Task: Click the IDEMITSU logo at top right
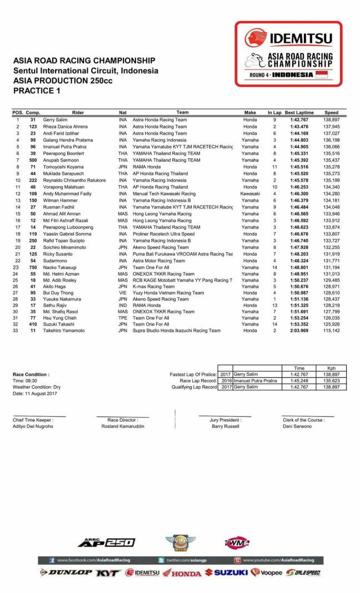tap(288, 38)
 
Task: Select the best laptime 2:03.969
tap(298, 331)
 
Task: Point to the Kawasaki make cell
tap(250, 194)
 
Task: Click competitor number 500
tap(33, 160)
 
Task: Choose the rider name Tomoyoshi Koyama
tap(63, 167)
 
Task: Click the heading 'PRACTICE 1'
tap(37, 90)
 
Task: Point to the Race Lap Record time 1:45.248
tap(298, 381)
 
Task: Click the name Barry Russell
tap(226, 426)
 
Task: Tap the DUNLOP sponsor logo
tap(66, 572)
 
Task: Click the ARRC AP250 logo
tap(106, 542)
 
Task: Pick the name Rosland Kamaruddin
tap(122, 426)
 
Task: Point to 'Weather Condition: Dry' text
tap(37, 387)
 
